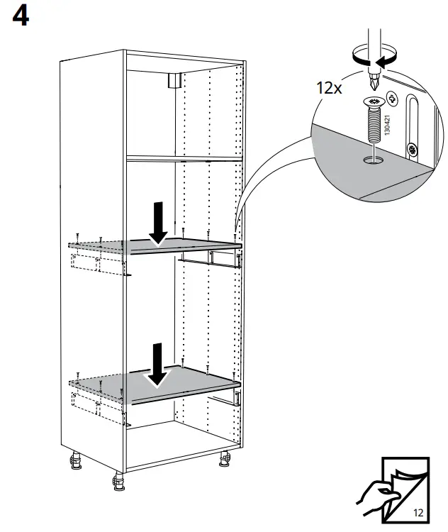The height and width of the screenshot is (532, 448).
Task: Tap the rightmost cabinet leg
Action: point(225,462)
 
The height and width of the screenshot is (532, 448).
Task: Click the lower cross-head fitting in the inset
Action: point(411,150)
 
